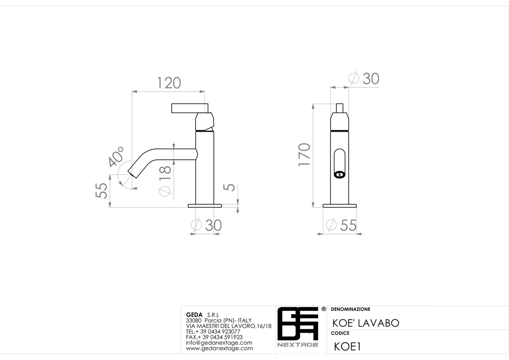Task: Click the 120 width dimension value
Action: point(169,83)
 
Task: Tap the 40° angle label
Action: point(116,157)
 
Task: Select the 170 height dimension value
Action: point(304,155)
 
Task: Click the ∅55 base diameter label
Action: point(341,225)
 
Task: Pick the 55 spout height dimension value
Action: point(101,191)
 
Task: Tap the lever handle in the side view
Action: point(190,108)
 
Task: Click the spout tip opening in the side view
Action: point(132,174)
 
